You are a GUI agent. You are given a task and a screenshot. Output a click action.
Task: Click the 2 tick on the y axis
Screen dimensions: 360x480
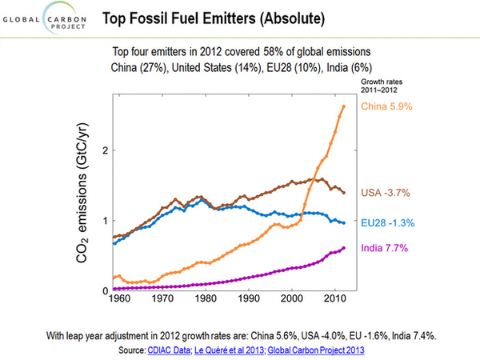[104, 150]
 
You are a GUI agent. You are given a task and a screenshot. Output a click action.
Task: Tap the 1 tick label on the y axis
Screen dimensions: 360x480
[104, 221]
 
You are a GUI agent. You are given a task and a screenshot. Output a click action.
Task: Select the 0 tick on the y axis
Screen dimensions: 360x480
[104, 290]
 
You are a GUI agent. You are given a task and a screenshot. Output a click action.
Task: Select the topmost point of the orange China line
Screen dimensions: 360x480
[343, 106]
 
